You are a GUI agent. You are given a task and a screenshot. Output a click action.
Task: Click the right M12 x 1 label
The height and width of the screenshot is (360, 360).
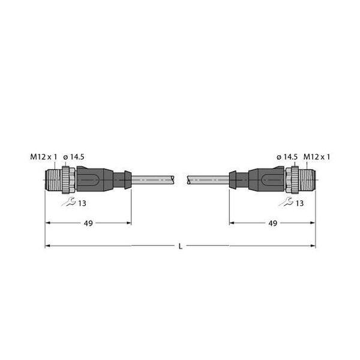pos(317,157)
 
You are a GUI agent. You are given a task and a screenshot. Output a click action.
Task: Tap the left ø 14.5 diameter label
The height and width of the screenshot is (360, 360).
pos(74,157)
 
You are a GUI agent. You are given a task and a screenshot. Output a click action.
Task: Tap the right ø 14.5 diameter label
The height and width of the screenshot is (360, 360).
pos(287,157)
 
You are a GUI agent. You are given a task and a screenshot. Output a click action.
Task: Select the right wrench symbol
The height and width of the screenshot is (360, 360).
pos(289,202)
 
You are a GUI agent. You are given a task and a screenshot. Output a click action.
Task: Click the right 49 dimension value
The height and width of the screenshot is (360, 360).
pos(272,223)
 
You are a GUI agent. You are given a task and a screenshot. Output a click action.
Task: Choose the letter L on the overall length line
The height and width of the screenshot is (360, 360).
pos(179,246)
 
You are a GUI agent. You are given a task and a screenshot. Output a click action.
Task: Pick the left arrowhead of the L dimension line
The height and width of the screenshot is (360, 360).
pos(48,246)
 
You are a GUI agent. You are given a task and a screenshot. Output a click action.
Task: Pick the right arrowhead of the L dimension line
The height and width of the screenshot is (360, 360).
pos(312,246)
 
